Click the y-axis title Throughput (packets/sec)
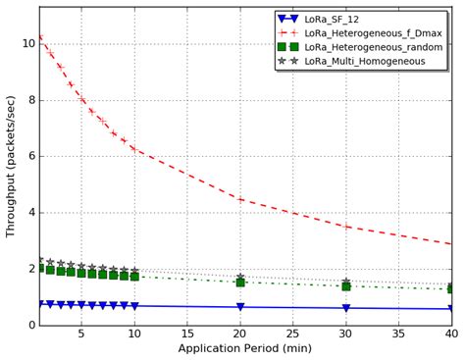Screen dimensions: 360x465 pyautogui.click(x=11, y=167)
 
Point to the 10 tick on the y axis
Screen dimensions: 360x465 pyautogui.click(x=26, y=43)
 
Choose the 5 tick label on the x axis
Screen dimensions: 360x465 pyautogui.click(x=82, y=334)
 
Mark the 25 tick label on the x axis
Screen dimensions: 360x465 pyautogui.click(x=292, y=334)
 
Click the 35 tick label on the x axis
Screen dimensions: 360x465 pyautogui.click(x=398, y=334)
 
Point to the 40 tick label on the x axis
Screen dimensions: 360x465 pyautogui.click(x=449, y=334)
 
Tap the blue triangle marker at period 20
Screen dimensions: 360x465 pyautogui.click(x=240, y=307)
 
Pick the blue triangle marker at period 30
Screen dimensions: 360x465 pyautogui.click(x=345, y=308)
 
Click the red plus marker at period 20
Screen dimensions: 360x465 pyautogui.click(x=240, y=199)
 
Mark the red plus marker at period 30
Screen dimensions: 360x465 pyautogui.click(x=345, y=227)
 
